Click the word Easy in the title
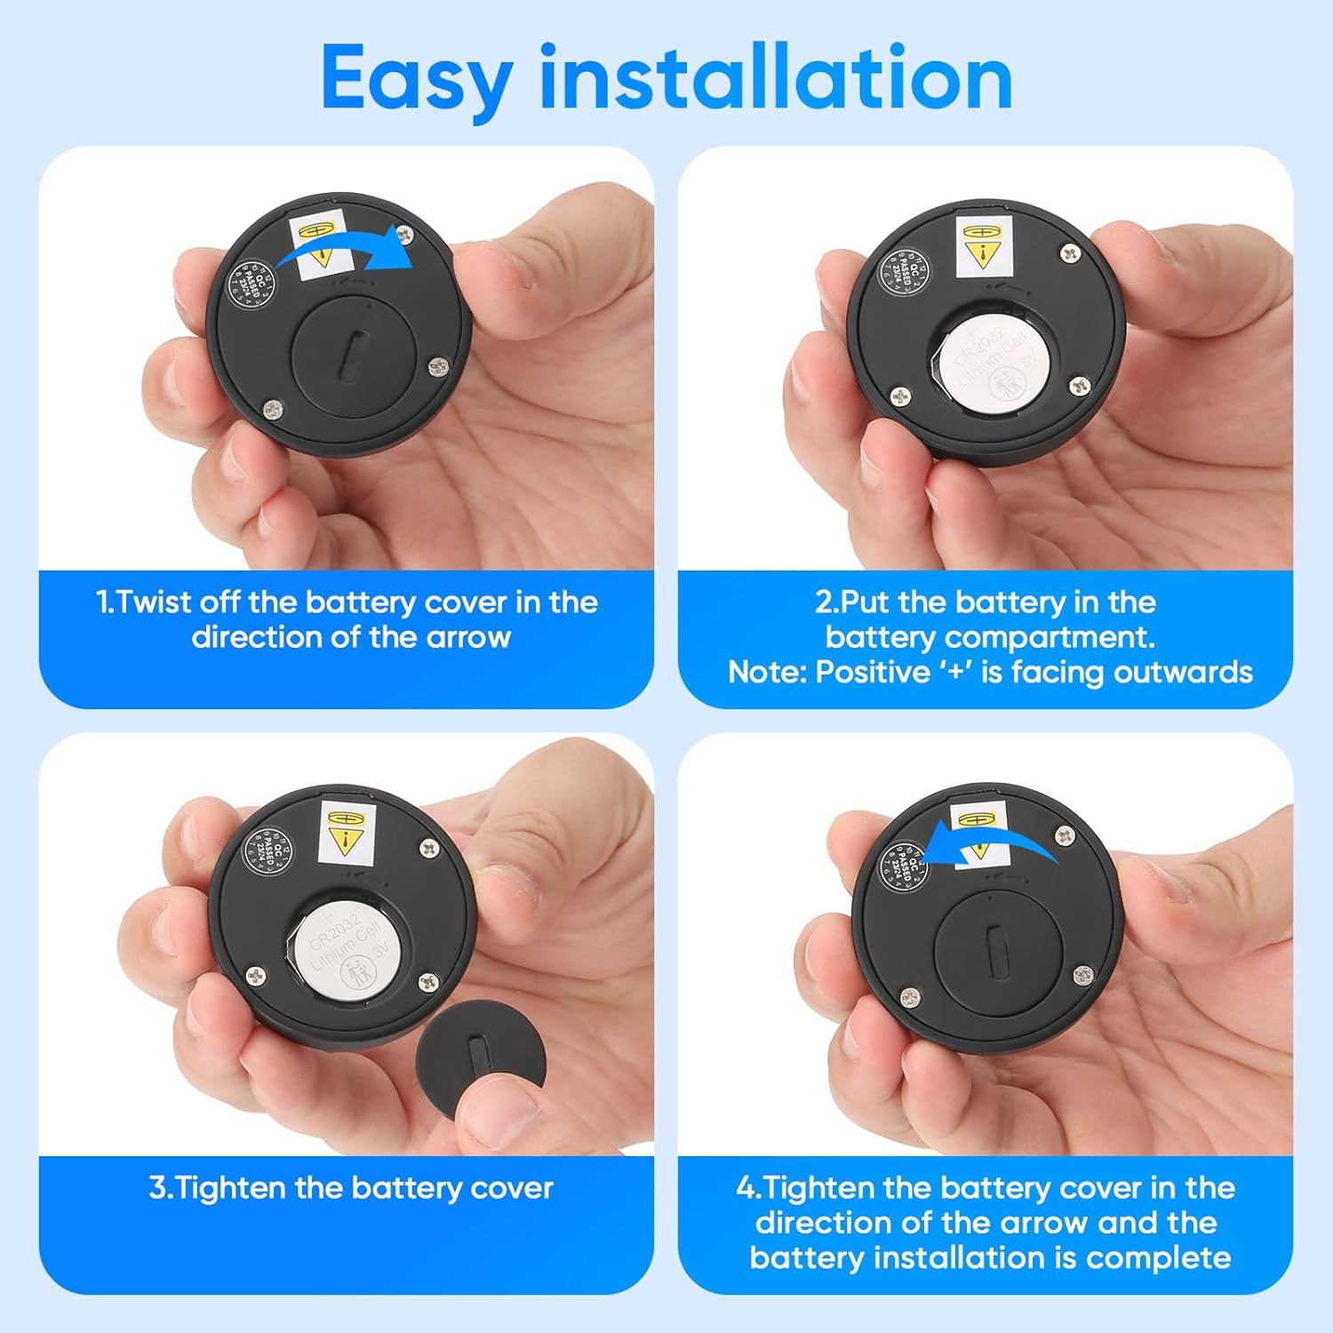pos(415,80)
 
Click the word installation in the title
pos(776,78)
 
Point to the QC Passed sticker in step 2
pos(904,272)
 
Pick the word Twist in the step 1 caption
pos(155,603)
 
